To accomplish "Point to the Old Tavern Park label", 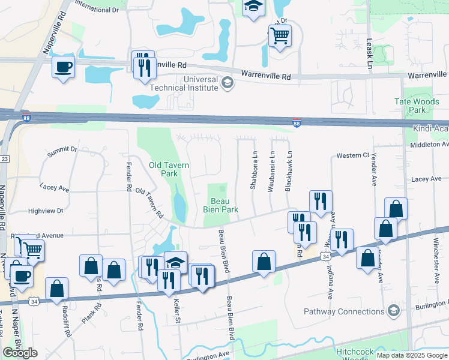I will point(163,169).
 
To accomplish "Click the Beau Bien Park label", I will point(223,205).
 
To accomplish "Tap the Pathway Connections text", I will point(344,311).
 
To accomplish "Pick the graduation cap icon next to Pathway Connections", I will point(393,310).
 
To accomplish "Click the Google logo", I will point(20,353).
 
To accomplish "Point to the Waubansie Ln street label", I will point(271,176).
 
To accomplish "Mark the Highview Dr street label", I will point(45,211).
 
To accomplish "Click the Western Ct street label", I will point(352,155).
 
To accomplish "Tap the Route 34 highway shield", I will point(325,257).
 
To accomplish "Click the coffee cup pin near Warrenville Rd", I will point(63,67).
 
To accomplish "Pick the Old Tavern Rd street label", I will point(150,202).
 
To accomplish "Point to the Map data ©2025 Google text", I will point(412,355).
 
